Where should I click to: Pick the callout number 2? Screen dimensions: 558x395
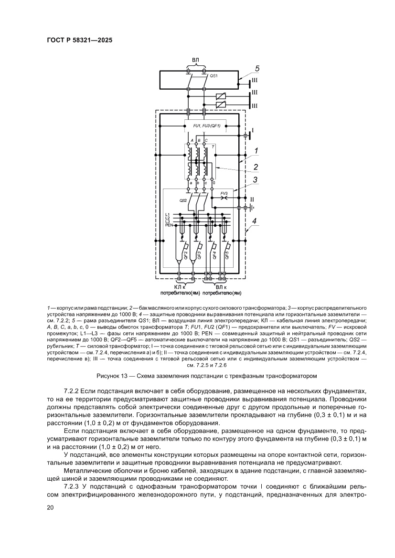coord(256,167)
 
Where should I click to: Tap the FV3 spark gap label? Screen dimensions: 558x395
coord(224,193)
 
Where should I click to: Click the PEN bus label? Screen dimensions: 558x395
coord(168,225)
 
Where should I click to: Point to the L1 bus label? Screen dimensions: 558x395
coord(168,214)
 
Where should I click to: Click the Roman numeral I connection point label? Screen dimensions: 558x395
coord(253,130)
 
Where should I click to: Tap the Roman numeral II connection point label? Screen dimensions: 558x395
coord(254,199)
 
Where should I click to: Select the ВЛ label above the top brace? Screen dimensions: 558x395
coord(196,60)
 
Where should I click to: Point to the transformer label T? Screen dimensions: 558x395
coord(213,145)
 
